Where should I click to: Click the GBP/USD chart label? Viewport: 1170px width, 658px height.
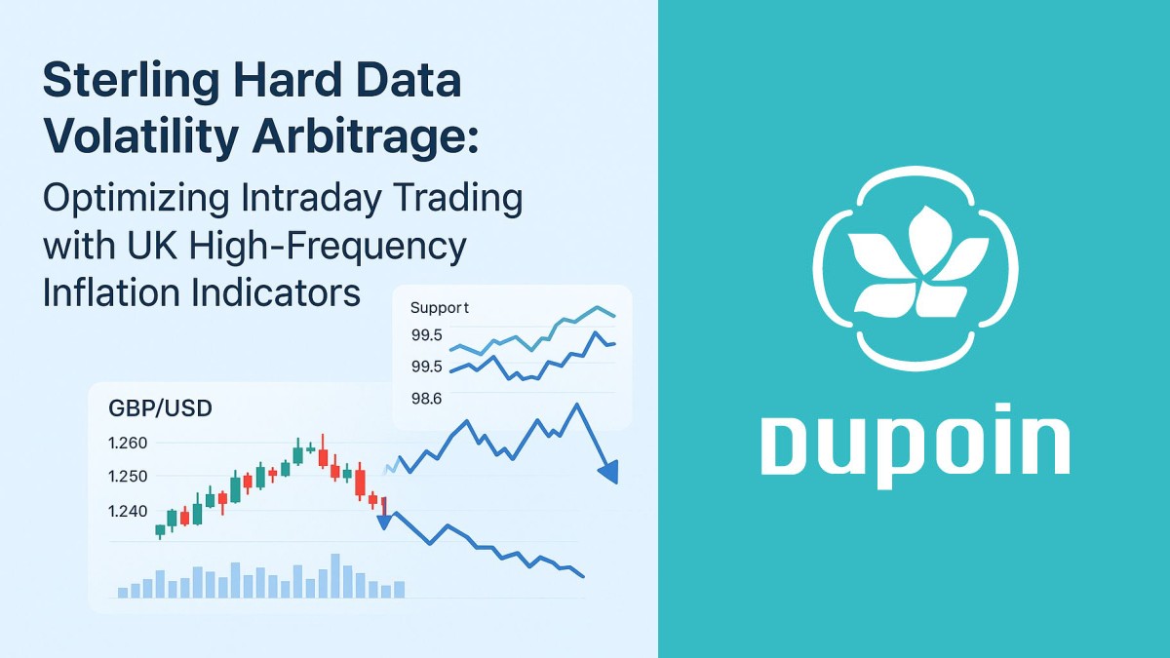tap(161, 408)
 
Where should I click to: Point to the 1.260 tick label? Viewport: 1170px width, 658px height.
tap(127, 443)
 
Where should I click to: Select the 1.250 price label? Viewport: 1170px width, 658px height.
tap(127, 477)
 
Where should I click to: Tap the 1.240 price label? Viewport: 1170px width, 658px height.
tap(127, 511)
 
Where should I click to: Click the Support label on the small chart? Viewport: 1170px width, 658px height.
tap(439, 308)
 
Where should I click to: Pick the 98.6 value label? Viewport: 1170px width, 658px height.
tap(426, 398)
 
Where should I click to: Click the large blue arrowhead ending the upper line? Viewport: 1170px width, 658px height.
tap(609, 472)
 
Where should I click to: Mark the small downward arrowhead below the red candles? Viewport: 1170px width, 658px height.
tap(384, 522)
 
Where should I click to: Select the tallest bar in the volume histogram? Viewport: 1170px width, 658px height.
tap(335, 575)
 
